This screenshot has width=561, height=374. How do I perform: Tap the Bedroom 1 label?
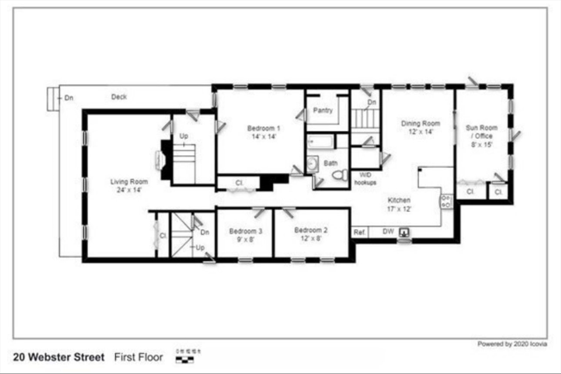point(261,132)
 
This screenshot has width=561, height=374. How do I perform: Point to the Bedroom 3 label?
point(245,235)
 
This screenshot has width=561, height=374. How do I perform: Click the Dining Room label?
point(420,127)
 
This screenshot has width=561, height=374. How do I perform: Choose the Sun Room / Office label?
point(479,136)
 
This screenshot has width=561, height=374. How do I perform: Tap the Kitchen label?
point(399,204)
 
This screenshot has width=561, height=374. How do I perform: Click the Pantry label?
point(323,110)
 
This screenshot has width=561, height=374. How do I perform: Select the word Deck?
point(119,97)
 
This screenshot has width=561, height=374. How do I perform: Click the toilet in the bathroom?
point(340,176)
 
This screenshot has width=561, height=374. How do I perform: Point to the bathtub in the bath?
point(320,143)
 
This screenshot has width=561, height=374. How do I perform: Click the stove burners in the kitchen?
point(446,201)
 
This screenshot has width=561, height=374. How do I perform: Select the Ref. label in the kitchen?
point(359,232)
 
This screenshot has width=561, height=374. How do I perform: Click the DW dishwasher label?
point(388,232)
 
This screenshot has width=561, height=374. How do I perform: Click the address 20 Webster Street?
point(59,358)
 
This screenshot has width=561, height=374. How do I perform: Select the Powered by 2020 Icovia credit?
point(512,344)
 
